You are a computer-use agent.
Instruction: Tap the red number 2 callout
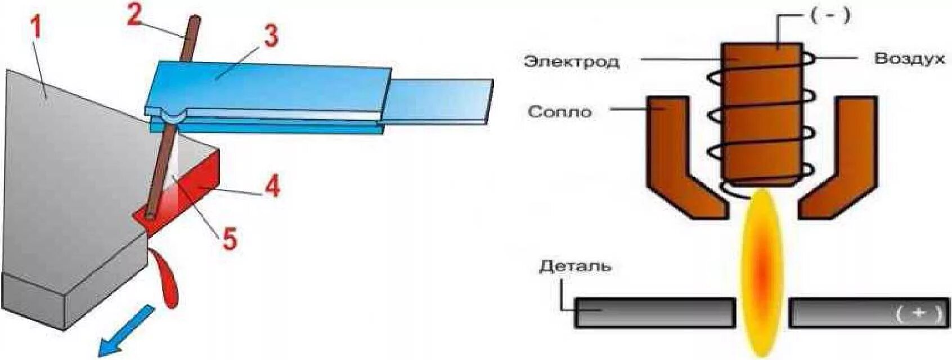134,15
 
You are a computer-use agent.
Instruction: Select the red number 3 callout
271,36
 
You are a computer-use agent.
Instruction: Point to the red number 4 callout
272,186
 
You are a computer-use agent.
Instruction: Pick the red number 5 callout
230,238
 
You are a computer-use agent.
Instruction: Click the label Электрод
572,61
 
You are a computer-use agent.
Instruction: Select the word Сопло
560,112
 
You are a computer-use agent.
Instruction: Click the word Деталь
575,265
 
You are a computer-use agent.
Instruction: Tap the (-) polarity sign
830,16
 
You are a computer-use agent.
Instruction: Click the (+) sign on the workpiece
918,313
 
